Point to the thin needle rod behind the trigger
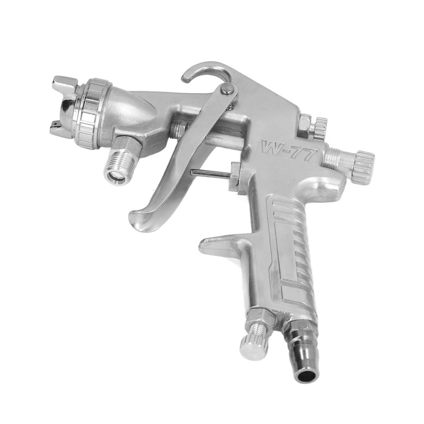click(209, 173)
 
